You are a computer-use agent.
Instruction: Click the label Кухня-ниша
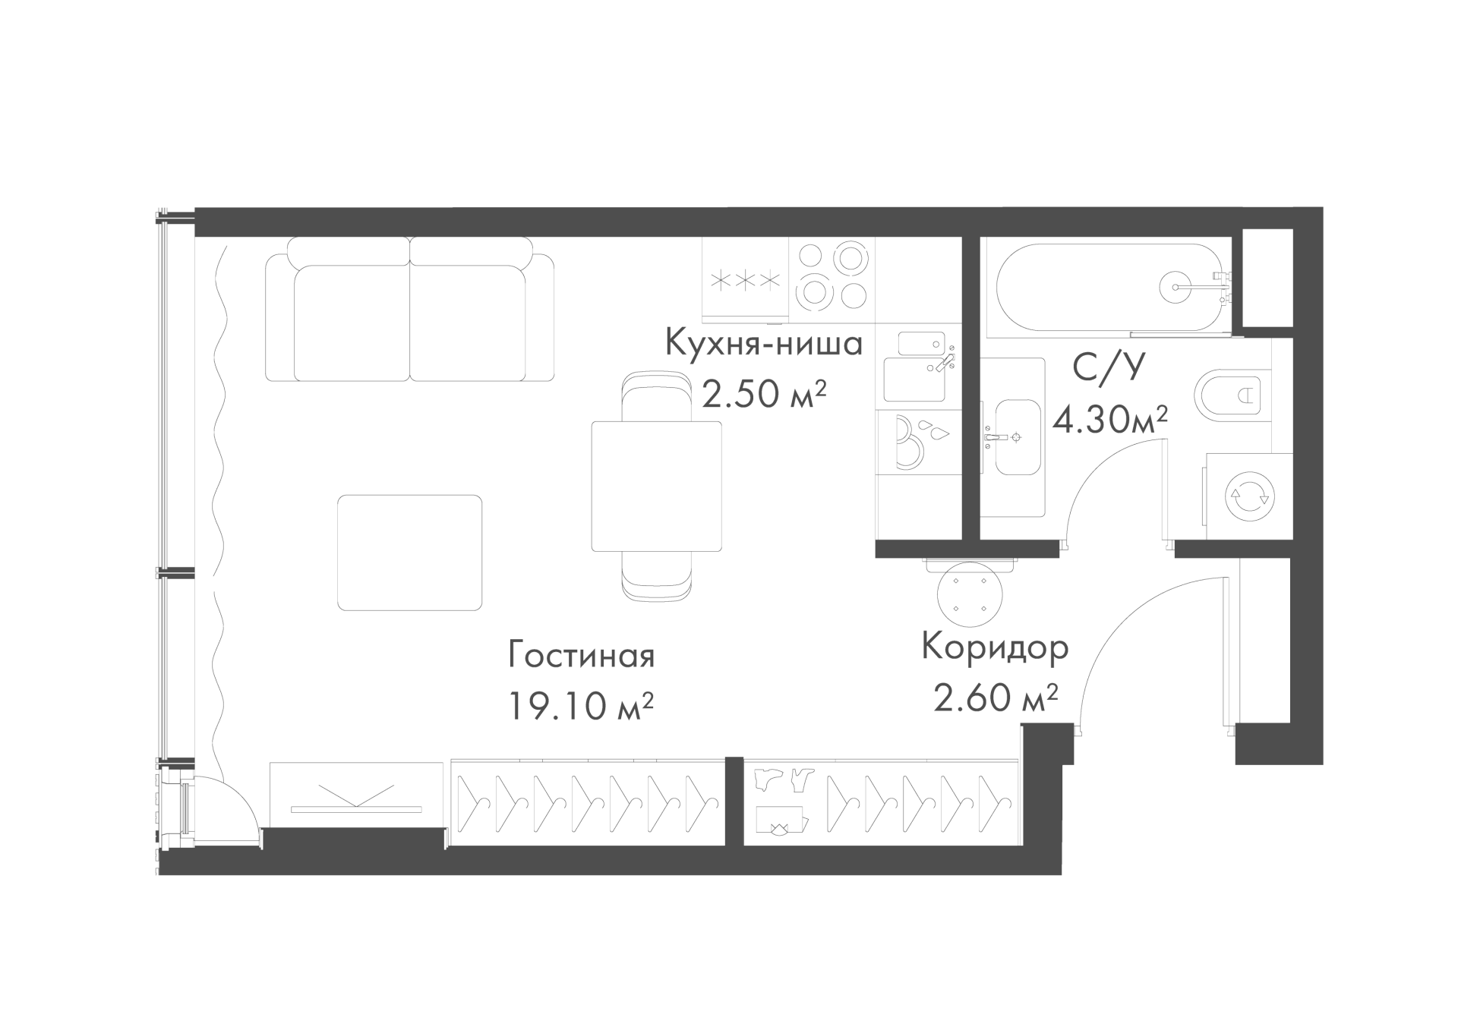click(x=764, y=345)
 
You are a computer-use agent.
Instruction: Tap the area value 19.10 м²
click(x=581, y=706)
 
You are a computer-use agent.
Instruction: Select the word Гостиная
click(x=581, y=655)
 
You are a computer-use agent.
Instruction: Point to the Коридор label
click(x=995, y=648)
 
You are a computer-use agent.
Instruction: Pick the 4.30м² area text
click(x=1109, y=418)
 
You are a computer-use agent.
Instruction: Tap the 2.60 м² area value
click(x=996, y=698)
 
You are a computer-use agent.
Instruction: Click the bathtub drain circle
click(x=1175, y=288)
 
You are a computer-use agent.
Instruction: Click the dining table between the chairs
click(x=657, y=487)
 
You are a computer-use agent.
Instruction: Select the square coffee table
click(x=410, y=553)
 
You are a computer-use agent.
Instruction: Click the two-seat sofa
click(x=410, y=309)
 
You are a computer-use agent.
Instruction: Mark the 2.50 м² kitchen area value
click(x=764, y=394)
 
